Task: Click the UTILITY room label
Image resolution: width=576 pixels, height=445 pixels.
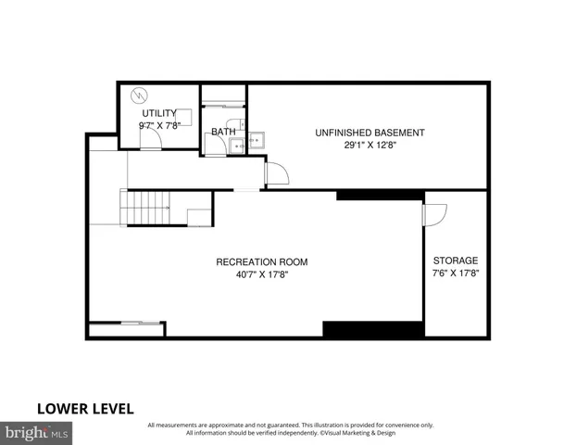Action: [x=158, y=113]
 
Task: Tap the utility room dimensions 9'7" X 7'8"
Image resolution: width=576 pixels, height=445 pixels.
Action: [x=158, y=125]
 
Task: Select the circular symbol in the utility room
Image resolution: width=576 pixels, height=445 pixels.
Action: [x=140, y=95]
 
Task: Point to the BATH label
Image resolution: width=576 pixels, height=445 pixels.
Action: [x=223, y=132]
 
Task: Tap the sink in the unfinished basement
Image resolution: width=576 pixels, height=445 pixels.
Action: [x=257, y=141]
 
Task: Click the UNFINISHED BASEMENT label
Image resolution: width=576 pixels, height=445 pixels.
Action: [x=369, y=133]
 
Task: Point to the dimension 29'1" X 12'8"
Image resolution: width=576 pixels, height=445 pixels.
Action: [x=369, y=146]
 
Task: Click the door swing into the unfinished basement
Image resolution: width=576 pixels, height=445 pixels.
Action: [x=275, y=173]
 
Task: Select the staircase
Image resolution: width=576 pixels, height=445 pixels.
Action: [x=146, y=207]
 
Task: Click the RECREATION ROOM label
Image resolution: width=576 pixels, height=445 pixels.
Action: [x=262, y=262]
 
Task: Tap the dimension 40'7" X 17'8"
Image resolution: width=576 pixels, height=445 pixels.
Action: [x=262, y=274]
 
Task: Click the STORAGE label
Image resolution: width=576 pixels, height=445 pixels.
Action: [x=456, y=261]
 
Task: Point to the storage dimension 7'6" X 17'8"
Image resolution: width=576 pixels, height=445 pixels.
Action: [x=456, y=273]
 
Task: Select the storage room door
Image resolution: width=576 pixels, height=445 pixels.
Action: [x=433, y=213]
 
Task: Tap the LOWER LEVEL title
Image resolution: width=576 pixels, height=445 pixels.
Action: [x=85, y=408]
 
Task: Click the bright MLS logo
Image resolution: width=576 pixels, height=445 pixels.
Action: [x=37, y=432]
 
